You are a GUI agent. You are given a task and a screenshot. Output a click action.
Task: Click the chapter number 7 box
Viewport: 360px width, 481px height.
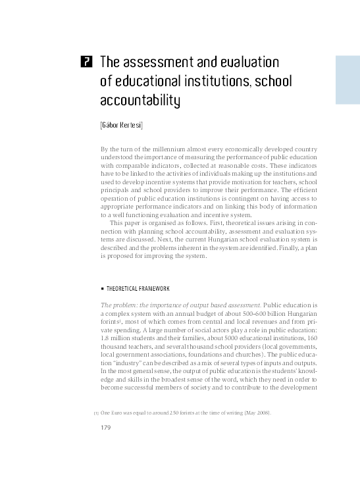click(85, 63)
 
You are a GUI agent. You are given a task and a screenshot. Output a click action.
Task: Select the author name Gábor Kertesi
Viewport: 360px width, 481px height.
click(121, 124)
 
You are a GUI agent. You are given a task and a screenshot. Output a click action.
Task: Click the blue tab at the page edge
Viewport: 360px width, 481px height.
click(347, 80)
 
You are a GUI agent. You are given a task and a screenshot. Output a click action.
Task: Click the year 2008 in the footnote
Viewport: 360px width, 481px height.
click(261, 413)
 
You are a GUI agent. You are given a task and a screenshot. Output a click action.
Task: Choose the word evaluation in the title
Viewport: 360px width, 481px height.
click(238, 63)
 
